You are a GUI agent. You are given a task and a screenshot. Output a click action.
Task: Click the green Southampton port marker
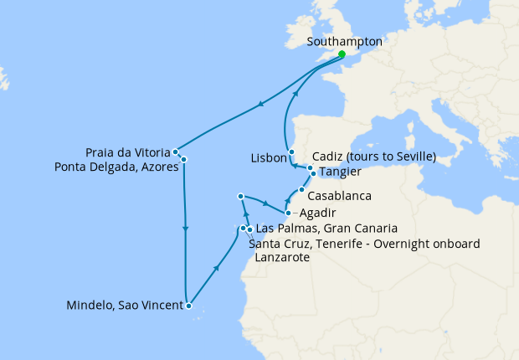pyautogui.click(x=342, y=54)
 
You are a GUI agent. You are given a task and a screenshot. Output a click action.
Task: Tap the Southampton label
pyautogui.click(x=345, y=41)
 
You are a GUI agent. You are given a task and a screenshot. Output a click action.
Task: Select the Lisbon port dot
pyautogui.click(x=291, y=152)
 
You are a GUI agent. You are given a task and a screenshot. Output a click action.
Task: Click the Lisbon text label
pyautogui.click(x=268, y=158)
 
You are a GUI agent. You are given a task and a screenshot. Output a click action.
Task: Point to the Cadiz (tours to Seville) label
pyautogui.click(x=373, y=157)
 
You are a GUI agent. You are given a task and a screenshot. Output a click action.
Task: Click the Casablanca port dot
pyautogui.click(x=302, y=190)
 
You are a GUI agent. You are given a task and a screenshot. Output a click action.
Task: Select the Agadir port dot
pyautogui.click(x=289, y=213)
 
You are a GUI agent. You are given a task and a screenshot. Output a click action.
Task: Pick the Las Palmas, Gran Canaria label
pyautogui.click(x=326, y=228)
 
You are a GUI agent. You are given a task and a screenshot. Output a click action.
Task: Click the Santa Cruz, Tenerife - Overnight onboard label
pyautogui.click(x=364, y=244)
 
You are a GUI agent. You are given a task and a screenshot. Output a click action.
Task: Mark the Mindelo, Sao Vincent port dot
pyautogui.click(x=189, y=306)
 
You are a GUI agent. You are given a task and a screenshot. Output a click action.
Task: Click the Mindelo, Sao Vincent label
pyautogui.click(x=124, y=306)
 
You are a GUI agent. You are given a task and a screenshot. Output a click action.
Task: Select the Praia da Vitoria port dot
pyautogui.click(x=175, y=152)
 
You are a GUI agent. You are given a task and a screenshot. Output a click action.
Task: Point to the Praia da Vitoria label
pyautogui.click(x=127, y=152)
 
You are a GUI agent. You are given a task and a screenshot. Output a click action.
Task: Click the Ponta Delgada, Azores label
pyautogui.click(x=117, y=167)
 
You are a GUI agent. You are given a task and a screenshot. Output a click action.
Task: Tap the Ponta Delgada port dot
pyautogui.click(x=183, y=159)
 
